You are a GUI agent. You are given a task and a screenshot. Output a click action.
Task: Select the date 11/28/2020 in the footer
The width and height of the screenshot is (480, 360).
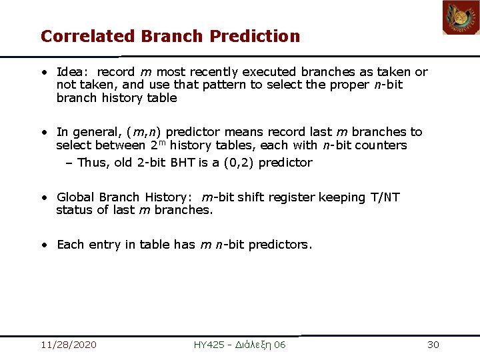pyautogui.click(x=68, y=345)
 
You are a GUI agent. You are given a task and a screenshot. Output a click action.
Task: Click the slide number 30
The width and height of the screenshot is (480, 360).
pyautogui.click(x=433, y=345)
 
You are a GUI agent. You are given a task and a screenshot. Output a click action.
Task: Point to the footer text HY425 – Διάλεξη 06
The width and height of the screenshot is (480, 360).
pyautogui.click(x=239, y=345)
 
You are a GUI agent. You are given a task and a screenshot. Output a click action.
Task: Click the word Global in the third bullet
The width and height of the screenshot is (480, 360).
pyautogui.click(x=76, y=197)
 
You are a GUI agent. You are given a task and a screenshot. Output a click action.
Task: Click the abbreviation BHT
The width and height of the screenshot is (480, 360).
pyautogui.click(x=181, y=163)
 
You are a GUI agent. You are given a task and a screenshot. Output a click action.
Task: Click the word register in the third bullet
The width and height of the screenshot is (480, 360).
pyautogui.click(x=293, y=197)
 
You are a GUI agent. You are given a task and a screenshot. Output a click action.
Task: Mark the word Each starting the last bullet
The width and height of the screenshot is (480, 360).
pyautogui.click(x=70, y=245)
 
